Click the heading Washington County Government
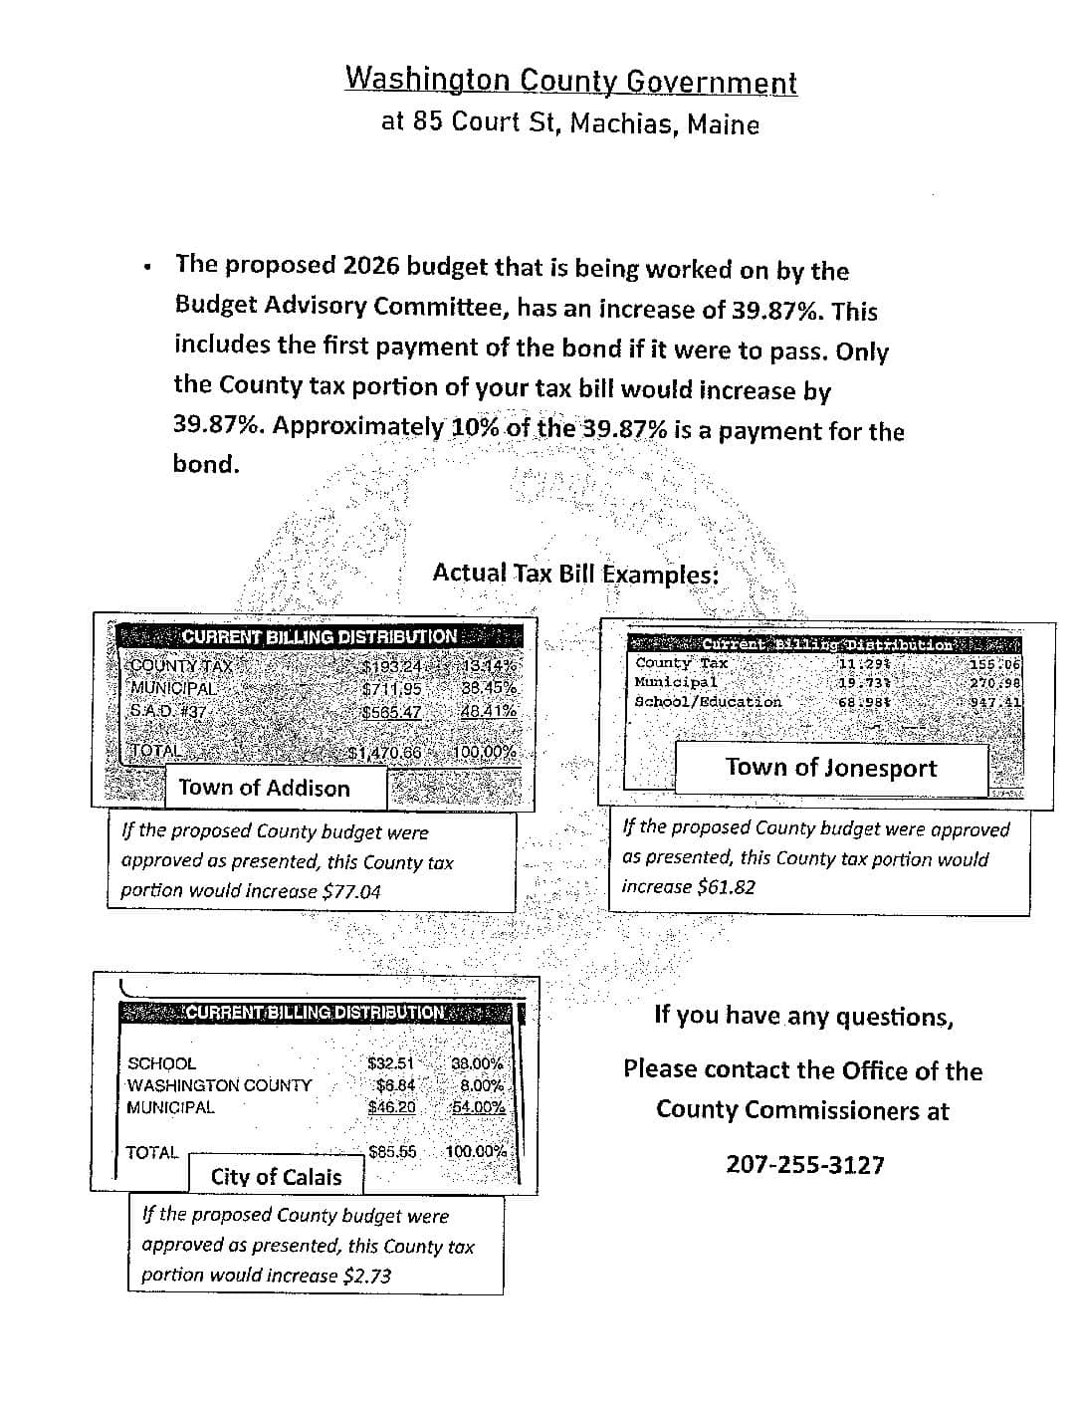[x=570, y=80]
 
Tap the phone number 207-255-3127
[x=804, y=1164]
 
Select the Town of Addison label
[x=264, y=788]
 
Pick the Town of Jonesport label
[x=830, y=767]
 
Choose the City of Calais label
[x=276, y=1176]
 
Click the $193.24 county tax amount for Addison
[x=391, y=667]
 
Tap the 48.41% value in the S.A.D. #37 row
[x=488, y=711]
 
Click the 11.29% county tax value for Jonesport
[x=863, y=663]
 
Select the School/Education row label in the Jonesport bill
[x=708, y=701]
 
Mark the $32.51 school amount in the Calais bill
[x=390, y=1063]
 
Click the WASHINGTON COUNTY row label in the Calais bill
[x=219, y=1085]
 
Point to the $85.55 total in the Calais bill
[x=392, y=1151]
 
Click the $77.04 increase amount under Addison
[x=351, y=891]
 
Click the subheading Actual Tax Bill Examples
[x=575, y=574]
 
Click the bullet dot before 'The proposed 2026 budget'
[x=148, y=267]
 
